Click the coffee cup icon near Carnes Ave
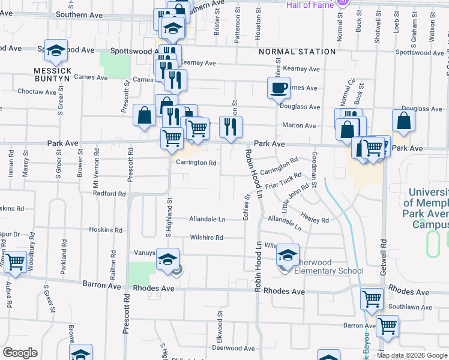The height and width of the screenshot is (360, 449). pos(279,88)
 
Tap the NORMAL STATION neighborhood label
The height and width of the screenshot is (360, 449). pos(297,52)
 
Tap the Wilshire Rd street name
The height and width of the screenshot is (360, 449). pos(206,238)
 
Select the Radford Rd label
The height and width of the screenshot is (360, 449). pos(109,194)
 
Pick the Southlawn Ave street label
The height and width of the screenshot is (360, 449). pos(410,307)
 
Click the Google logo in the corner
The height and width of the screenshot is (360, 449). pos(20,353)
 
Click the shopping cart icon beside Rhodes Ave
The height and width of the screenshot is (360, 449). pos(372,298)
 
